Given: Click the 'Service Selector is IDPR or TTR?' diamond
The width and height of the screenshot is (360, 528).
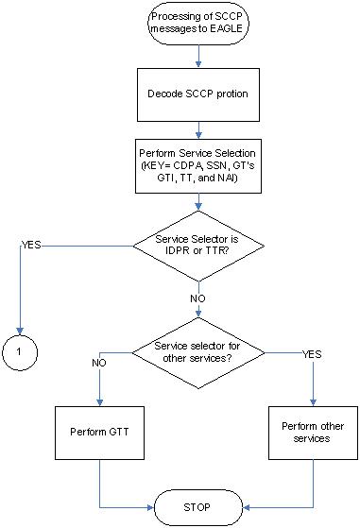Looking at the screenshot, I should pyautogui.click(x=198, y=246).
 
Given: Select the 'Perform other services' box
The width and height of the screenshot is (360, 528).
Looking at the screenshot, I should pyautogui.click(x=313, y=434).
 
